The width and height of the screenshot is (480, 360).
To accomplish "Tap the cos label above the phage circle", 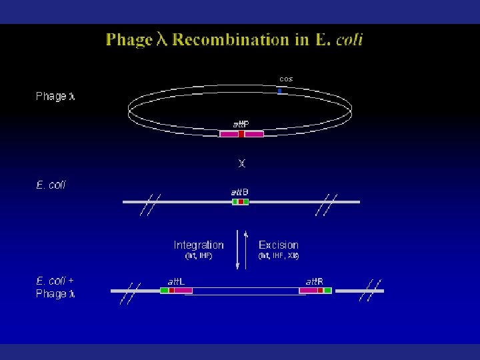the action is pos(286,79).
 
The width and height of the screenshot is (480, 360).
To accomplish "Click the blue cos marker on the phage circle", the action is pos(280,90).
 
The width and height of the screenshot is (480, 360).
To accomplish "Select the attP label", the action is pos(241,124).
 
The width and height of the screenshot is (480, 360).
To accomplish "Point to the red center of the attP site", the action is pos(241,134).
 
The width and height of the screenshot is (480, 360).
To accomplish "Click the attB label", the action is pos(240,192).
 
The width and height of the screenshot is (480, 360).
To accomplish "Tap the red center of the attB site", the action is pos(241,201).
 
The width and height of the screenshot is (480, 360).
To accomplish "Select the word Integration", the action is pos(199,245).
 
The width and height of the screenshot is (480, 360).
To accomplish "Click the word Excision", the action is pos(279,245).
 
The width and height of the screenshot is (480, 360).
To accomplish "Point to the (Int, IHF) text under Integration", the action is pos(198,255).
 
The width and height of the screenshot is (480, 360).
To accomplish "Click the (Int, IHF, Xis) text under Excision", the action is pos(279,255).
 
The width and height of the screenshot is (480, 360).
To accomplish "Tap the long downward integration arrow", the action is pos(238,250).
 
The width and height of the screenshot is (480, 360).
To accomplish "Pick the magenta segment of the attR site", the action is pos(309,290).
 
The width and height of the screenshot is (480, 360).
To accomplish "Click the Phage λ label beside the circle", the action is pos(55,97).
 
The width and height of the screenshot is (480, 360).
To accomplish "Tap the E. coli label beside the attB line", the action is pos(51,185).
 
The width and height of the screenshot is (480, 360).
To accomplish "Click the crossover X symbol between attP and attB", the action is pos(241,163).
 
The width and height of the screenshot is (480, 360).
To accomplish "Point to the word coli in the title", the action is pos(349,40).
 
